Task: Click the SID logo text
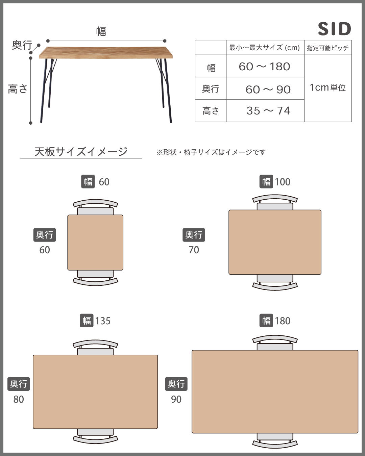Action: tap(334, 29)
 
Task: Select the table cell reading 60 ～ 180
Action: tap(265, 67)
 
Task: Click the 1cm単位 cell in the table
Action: tap(327, 88)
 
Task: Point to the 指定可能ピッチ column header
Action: tap(327, 48)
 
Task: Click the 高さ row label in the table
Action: tap(211, 111)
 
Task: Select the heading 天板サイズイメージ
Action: tap(81, 151)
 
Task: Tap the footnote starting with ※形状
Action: tap(211, 152)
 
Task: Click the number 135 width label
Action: tap(103, 321)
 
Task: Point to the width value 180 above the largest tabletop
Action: tap(283, 321)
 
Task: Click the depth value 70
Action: tap(194, 250)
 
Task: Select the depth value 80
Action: tap(19, 399)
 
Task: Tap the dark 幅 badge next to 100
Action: tap(266, 182)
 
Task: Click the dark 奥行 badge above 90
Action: tap(176, 384)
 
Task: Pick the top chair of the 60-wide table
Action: tap(95, 207)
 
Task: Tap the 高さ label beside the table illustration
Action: tap(18, 89)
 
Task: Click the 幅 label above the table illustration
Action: tap(101, 31)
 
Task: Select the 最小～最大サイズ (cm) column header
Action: tap(265, 48)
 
